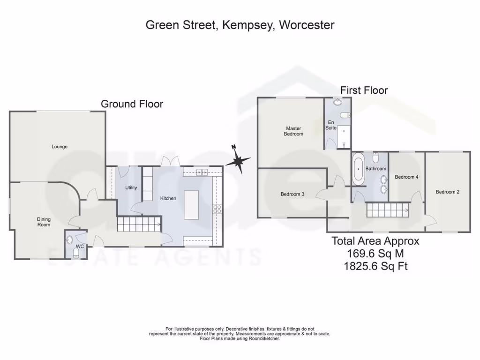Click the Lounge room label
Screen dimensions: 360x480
(60, 147)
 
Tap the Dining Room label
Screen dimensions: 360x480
(44, 222)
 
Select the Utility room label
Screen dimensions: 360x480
(131, 188)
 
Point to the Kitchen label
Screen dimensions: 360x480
(168, 198)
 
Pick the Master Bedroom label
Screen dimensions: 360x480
(293, 131)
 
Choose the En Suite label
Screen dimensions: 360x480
(332, 124)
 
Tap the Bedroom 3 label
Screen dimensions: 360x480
(292, 194)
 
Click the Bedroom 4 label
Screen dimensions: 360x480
(406, 177)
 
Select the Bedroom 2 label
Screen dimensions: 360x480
(447, 192)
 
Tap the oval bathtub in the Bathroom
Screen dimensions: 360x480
(359, 168)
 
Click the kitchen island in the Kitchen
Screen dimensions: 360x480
(191, 202)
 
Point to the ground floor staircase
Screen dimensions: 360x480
(138, 224)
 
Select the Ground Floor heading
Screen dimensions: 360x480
(132, 104)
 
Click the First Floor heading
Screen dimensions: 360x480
(364, 90)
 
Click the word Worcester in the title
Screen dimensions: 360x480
(307, 25)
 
